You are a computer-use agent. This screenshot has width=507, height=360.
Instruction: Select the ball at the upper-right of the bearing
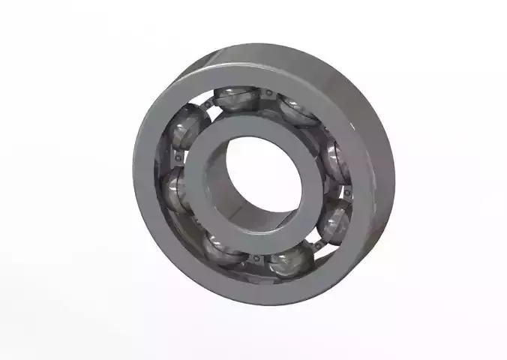pyautogui.click(x=294, y=110)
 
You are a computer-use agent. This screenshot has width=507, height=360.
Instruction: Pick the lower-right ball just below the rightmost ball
pyautogui.click(x=331, y=221)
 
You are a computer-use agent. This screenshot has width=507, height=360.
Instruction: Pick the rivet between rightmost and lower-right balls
pyautogui.click(x=346, y=193)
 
